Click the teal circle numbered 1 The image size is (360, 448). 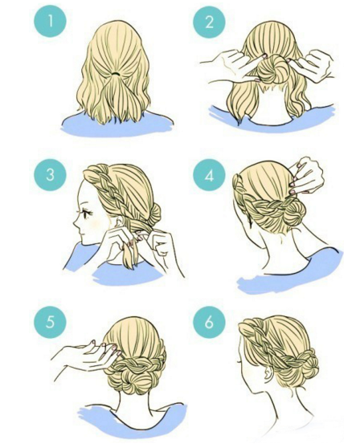coord(50,22)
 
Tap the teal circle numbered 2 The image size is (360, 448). coord(209,22)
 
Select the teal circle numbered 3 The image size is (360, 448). coord(50,173)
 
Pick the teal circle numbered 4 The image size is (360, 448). coord(209,175)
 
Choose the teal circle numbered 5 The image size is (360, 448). coord(50,322)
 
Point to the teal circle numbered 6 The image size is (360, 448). coord(209,322)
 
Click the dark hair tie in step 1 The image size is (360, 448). coord(116,74)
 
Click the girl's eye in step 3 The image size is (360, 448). coord(85,213)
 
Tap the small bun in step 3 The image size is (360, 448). coord(153,212)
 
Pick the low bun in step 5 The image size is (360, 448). coord(137,377)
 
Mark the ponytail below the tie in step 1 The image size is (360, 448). coord(118,96)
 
